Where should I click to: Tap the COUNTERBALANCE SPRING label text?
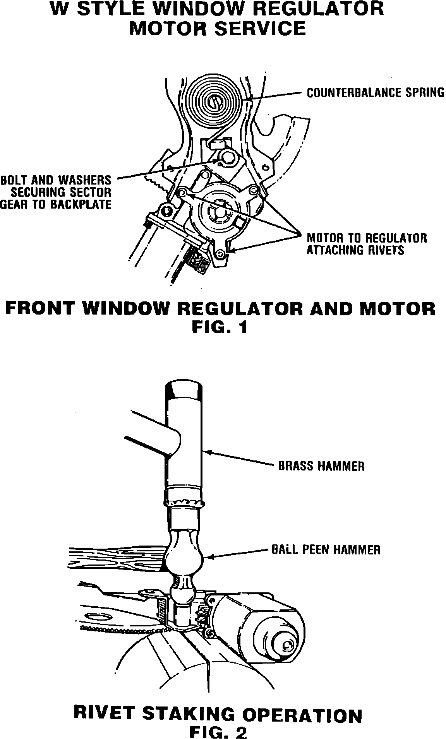tap(375, 93)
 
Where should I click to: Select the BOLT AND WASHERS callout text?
tap(56, 192)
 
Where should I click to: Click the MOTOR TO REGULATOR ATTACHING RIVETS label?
tap(366, 244)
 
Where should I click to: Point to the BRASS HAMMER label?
tap(321, 465)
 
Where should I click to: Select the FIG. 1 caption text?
tap(220, 328)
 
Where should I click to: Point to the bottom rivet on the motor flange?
tap(221, 253)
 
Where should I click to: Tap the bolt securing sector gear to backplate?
tap(227, 157)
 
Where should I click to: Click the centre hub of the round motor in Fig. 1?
tap(218, 212)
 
